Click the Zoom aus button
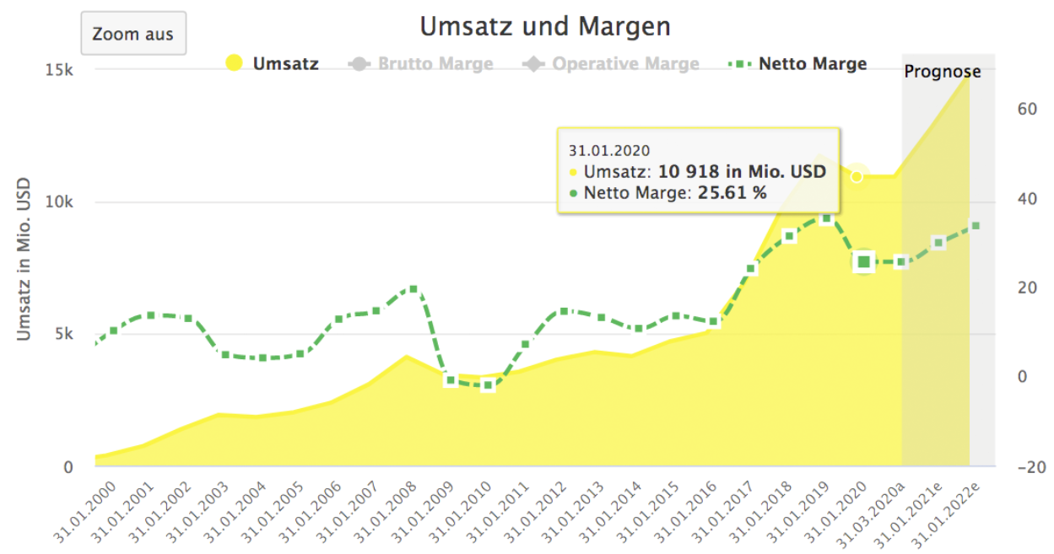132,35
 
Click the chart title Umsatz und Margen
545,27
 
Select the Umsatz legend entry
272,63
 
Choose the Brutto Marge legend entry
421,63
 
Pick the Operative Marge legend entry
611,63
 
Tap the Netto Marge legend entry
797,63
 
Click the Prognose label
943,72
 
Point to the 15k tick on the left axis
58,70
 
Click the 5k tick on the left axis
62,334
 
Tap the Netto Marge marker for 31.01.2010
488,385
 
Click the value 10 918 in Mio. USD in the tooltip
742,172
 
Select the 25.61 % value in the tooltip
730,192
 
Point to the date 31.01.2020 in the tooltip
608,151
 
